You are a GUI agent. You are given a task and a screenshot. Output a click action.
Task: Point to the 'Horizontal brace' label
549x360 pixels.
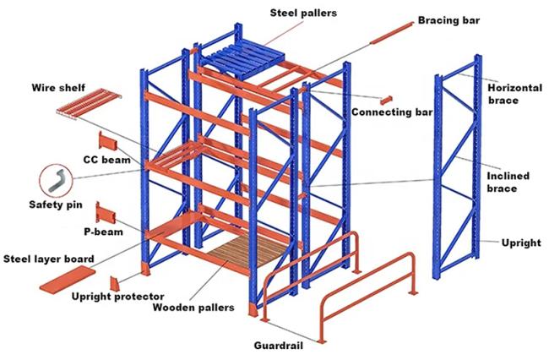(514, 93)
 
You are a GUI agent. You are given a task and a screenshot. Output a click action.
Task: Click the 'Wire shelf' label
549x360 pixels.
(58, 86)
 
